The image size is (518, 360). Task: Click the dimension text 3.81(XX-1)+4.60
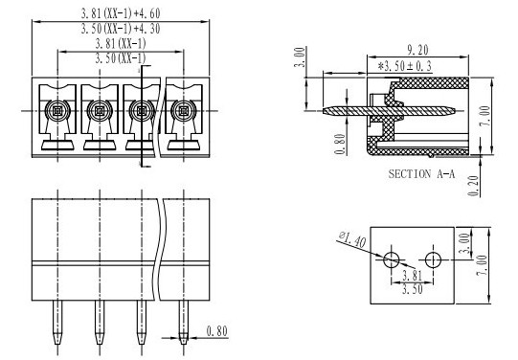121,13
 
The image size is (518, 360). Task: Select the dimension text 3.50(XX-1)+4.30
121,29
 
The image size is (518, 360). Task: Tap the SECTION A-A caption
421,173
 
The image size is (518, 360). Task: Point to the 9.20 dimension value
417,50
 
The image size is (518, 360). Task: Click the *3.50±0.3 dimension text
405,66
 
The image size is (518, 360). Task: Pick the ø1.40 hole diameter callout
352,239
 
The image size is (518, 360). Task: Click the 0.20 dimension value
474,186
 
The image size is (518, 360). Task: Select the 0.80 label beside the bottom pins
217,331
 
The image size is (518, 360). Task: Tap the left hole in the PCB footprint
392,259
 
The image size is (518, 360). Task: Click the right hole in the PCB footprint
433,259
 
